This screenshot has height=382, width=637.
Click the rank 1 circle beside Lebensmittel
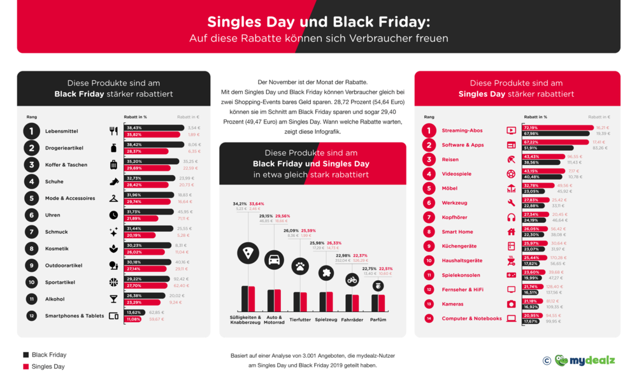32,131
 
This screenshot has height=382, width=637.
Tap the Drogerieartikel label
64,148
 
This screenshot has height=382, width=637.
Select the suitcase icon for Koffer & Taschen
113,165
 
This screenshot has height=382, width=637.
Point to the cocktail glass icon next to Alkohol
113,299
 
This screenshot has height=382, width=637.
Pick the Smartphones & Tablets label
75,316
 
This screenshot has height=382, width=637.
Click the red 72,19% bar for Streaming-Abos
558,128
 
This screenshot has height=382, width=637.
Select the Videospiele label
457,174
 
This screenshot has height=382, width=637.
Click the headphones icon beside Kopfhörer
511,217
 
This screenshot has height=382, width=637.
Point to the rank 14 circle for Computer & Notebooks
429,318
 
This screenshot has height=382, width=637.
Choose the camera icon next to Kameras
511,304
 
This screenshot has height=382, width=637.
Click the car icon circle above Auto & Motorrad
275,260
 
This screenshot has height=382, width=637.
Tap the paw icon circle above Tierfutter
300,266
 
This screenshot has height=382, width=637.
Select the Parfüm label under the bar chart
378,320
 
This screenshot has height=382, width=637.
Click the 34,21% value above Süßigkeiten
240,204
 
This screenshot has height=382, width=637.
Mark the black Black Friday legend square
26,355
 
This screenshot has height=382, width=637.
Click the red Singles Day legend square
26,367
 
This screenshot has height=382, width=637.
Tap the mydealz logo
585,360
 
